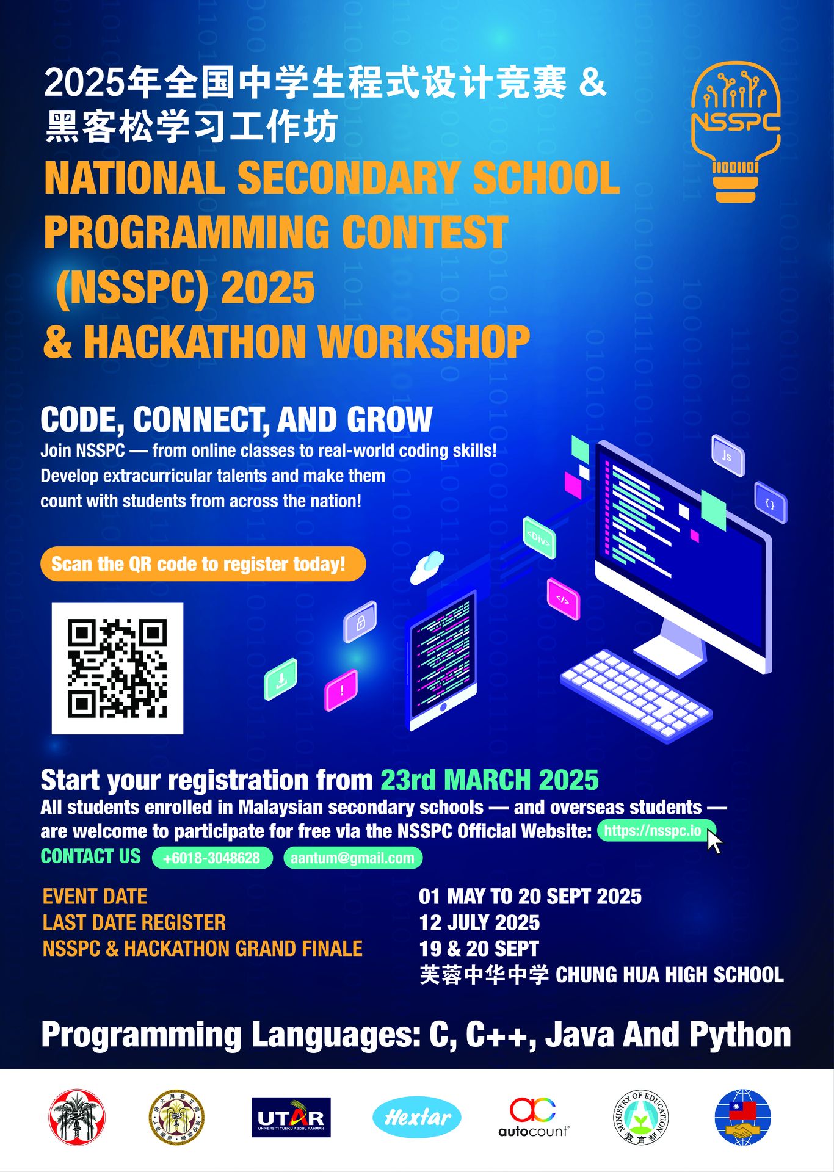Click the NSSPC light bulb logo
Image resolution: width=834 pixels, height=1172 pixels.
(736, 132)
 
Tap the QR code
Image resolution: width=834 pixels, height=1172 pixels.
(117, 668)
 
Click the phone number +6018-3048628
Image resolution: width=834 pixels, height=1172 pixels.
(212, 858)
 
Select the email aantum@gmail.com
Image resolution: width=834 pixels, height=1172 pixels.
(353, 858)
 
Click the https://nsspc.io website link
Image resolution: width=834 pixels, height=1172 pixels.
(653, 831)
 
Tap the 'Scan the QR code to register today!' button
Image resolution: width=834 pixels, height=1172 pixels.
(203, 563)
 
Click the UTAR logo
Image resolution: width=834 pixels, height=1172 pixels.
(291, 1117)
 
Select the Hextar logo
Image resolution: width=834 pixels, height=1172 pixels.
(417, 1117)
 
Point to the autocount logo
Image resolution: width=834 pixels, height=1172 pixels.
(533, 1118)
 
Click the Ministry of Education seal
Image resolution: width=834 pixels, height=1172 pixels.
(640, 1118)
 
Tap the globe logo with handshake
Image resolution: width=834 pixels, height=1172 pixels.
(742, 1118)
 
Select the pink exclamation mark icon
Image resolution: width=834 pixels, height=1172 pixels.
(341, 690)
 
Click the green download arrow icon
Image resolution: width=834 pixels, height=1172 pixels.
(281, 679)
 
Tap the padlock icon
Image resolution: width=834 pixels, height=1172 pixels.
(360, 622)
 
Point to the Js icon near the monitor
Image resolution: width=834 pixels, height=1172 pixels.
(728, 455)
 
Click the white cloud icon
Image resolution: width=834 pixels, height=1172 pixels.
(427, 567)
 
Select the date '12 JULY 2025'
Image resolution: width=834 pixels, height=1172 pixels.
(479, 922)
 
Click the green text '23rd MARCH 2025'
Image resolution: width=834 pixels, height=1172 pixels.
(490, 780)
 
